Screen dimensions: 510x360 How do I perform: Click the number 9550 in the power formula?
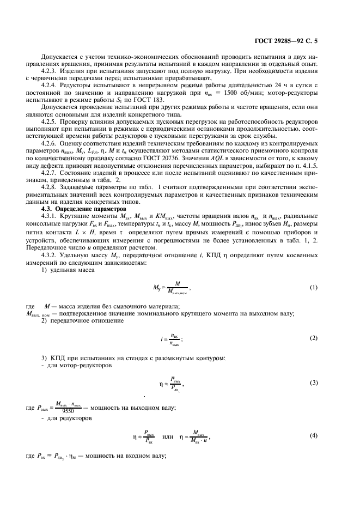pyautogui.click(x=68, y=412)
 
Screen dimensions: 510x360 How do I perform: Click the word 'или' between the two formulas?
pyautogui.click(x=168, y=436)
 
